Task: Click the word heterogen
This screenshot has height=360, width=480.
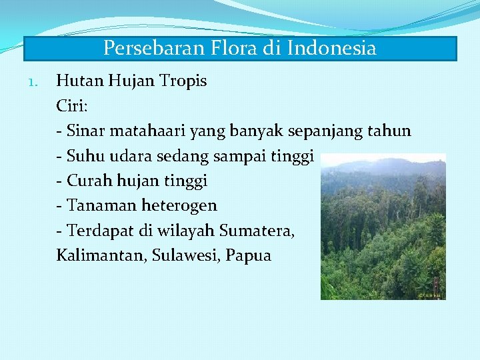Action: pyautogui.click(x=179, y=206)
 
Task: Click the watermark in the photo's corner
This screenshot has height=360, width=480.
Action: pyautogui.click(x=430, y=294)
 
